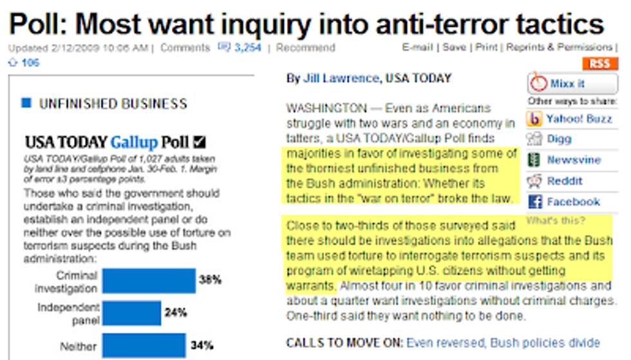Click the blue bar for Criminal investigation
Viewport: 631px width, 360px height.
point(149,281)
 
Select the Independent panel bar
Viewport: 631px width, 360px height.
point(131,313)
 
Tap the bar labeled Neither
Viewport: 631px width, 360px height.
point(144,345)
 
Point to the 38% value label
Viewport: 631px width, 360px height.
point(210,280)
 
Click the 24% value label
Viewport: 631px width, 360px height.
point(176,313)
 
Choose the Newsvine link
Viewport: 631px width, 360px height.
point(574,160)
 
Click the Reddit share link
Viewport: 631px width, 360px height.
point(564,181)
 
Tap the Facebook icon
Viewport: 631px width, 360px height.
point(534,202)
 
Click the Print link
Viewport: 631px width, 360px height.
point(486,47)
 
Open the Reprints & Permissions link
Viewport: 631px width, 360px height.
point(558,47)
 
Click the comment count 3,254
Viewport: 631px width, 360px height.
point(248,47)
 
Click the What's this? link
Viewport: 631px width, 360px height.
point(556,221)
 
